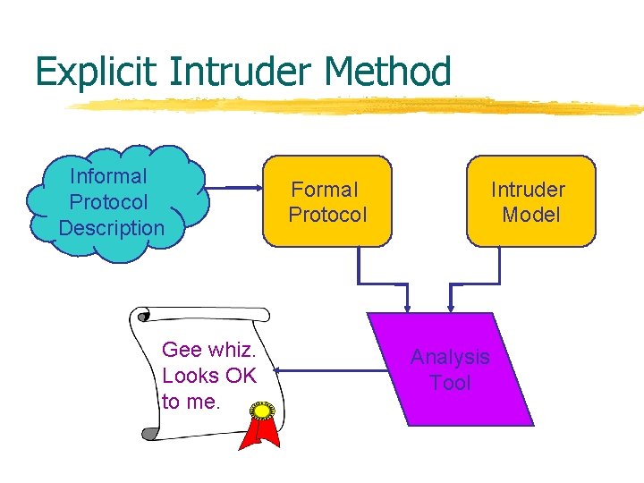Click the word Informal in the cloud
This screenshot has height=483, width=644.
pyautogui.click(x=108, y=176)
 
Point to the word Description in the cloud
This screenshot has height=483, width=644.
pyautogui.click(x=112, y=228)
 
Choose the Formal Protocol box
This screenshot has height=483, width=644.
pyautogui.click(x=326, y=201)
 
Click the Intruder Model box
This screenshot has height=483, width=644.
pyautogui.click(x=530, y=201)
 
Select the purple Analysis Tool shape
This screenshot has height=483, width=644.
pyautogui.click(x=450, y=369)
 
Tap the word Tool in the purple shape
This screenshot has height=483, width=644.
pyautogui.click(x=450, y=383)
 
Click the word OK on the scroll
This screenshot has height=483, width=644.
pyautogui.click(x=241, y=376)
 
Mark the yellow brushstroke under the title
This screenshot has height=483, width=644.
pyautogui.click(x=358, y=106)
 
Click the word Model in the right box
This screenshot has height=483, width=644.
pyautogui.click(x=530, y=215)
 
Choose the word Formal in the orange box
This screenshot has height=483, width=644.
pyautogui.click(x=325, y=190)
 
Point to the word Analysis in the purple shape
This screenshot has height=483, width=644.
pyautogui.click(x=450, y=357)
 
